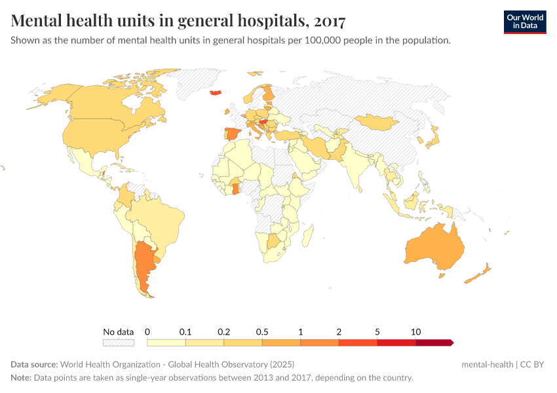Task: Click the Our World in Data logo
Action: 525,22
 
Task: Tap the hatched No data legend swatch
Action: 119,343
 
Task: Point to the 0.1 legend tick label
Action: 185,331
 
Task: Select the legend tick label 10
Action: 415,331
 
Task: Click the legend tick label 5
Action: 377,331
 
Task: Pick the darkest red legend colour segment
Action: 433,343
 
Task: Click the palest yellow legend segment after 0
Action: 166,343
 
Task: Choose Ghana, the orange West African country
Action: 235,189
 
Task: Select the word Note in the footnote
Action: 22,378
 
